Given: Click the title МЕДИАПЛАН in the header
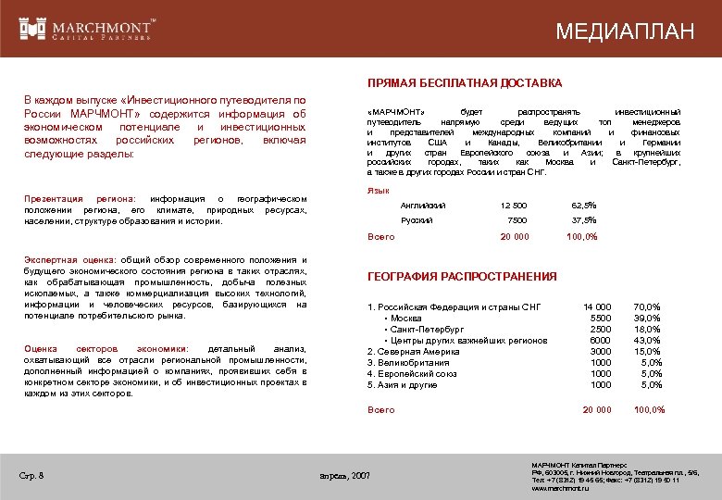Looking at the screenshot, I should click(625, 31).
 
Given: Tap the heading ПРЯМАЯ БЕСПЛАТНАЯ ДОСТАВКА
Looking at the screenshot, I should click(465, 83).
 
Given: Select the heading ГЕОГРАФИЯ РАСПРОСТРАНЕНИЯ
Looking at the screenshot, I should click(462, 276).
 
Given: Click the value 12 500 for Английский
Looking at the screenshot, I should click(513, 205).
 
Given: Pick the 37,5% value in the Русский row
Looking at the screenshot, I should click(583, 220).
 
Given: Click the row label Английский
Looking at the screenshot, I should click(422, 205).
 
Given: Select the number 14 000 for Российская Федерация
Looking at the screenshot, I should click(597, 306).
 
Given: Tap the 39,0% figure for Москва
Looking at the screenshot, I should click(647, 318).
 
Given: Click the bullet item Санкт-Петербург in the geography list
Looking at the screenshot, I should click(428, 329).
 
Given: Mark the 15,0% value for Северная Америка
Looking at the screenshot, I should click(647, 351).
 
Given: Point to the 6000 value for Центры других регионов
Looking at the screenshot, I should click(601, 340).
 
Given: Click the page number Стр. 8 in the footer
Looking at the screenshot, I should click(32, 476).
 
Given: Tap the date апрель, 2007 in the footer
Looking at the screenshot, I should click(343, 476).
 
